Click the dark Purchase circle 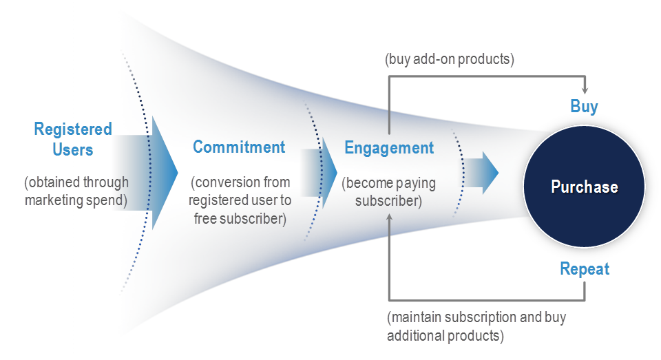pyautogui.click(x=584, y=187)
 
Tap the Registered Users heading pyautogui.click(x=73, y=139)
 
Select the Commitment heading pyautogui.click(x=239, y=147)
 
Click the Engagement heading pyautogui.click(x=389, y=148)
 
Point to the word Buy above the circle pyautogui.click(x=584, y=107)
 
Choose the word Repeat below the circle pyautogui.click(x=585, y=268)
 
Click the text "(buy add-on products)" pyautogui.click(x=450, y=59)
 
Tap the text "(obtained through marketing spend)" pyautogui.click(x=76, y=191)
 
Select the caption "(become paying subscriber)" pyautogui.click(x=388, y=193)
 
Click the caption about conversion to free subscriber pyautogui.click(x=241, y=200)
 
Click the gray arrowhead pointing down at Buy pyautogui.click(x=585, y=90)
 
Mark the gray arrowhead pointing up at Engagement pyautogui.click(x=390, y=218)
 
